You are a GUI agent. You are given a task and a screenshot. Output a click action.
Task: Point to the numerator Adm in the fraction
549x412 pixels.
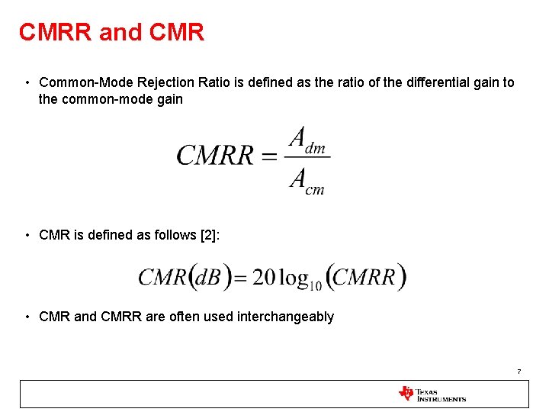[307, 140]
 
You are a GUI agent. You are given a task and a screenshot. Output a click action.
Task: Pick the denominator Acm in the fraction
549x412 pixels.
[307, 181]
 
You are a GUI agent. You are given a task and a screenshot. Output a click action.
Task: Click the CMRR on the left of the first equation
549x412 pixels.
[215, 156]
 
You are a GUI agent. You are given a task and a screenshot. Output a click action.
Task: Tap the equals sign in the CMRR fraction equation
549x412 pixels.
[269, 156]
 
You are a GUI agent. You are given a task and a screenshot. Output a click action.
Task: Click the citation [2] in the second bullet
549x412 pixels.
[209, 235]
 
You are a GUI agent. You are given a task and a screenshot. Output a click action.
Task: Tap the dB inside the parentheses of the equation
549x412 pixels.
[209, 277]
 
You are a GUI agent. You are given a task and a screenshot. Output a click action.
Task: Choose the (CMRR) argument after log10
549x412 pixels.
[365, 277]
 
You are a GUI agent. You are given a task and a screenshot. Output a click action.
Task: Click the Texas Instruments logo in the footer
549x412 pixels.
[432, 394]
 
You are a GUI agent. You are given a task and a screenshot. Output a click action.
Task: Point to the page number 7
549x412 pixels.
[518, 372]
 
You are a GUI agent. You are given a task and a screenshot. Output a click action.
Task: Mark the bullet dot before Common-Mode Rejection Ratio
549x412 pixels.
[27, 82]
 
